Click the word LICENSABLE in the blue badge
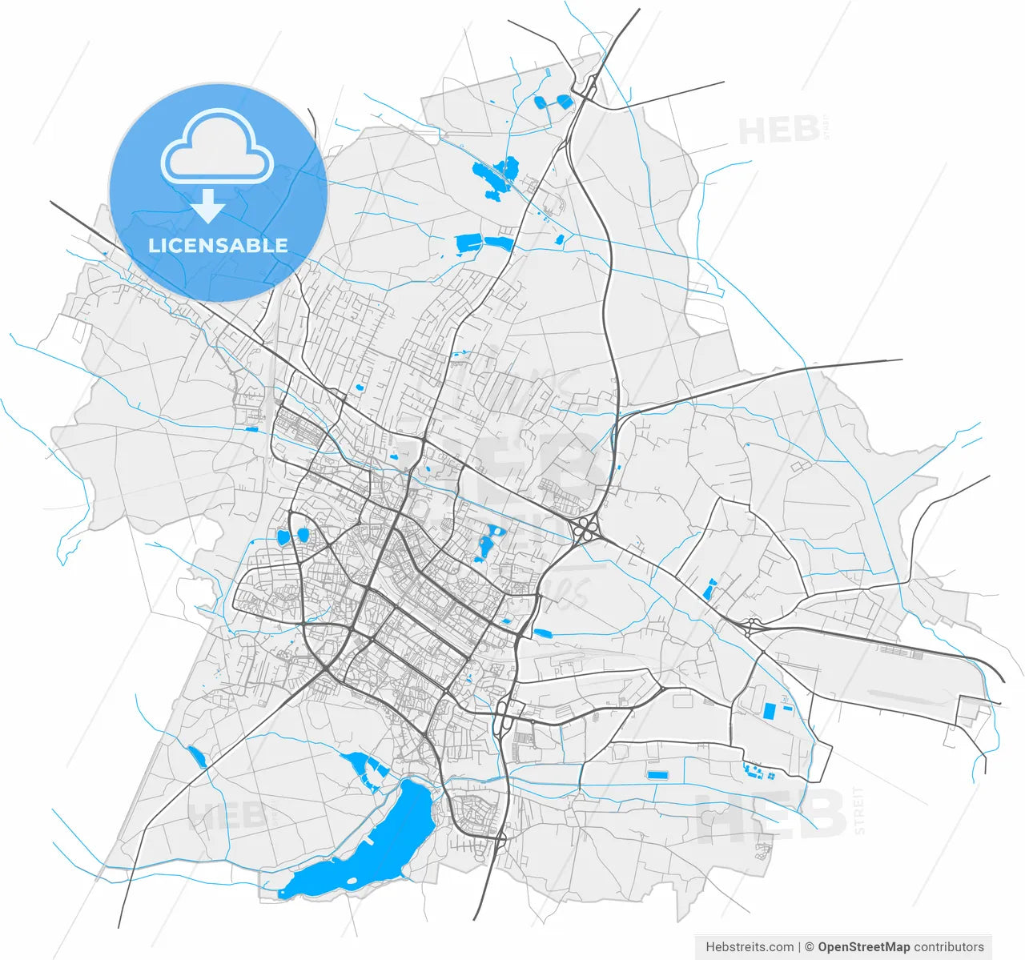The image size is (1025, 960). [218, 245]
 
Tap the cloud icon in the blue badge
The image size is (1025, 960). [217, 147]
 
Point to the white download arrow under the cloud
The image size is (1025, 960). [208, 207]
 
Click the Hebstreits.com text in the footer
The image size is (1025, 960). [750, 946]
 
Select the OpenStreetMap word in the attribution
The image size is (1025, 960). [863, 946]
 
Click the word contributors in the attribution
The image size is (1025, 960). [949, 946]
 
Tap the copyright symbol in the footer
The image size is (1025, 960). [809, 946]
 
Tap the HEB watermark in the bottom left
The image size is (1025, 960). [227, 815]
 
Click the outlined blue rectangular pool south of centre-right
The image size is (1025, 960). [657, 775]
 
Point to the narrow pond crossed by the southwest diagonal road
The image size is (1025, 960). [196, 757]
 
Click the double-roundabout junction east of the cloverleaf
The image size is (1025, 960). [752, 627]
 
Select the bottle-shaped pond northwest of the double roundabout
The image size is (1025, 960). [708, 591]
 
